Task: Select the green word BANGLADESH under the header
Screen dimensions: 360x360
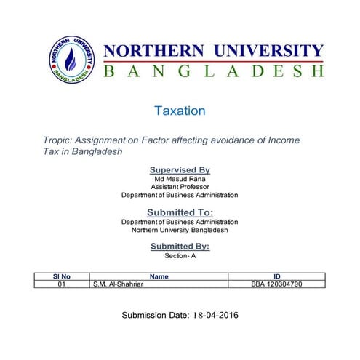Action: coord(213,71)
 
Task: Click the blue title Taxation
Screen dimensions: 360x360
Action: coord(180,111)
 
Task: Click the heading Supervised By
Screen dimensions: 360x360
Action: coord(179,169)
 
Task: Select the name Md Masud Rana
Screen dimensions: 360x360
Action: coord(179,179)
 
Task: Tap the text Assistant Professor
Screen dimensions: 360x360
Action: coord(180,187)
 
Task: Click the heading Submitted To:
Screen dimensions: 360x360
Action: coord(180,212)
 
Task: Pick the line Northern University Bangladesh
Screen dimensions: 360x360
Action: coord(180,230)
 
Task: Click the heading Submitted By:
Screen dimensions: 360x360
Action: coord(180,247)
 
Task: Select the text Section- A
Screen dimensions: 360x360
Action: coord(180,256)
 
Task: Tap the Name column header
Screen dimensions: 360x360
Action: coord(159,276)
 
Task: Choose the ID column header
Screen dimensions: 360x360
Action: coord(276,276)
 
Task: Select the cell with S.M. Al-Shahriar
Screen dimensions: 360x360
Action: coord(119,284)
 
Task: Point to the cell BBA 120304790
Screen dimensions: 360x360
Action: coord(276,284)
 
